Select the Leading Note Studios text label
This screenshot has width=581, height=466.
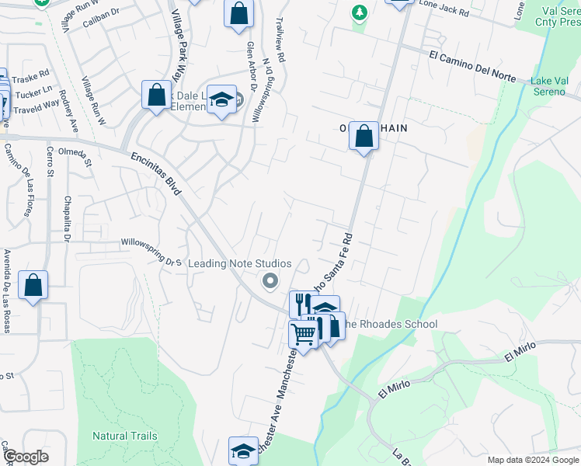[x=240, y=264]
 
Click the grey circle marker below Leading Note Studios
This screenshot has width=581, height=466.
[x=270, y=281]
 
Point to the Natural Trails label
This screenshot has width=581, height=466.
[x=125, y=436]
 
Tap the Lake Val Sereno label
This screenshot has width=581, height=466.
[x=555, y=88]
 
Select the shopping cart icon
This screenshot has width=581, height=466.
[x=303, y=334]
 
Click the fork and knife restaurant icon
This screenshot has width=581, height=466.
[x=300, y=303]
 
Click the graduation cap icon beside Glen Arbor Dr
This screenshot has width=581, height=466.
[x=222, y=100]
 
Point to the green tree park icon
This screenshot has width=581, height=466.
[x=358, y=12]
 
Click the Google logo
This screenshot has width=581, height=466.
[x=26, y=457]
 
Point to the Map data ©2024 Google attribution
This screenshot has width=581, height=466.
[x=532, y=459]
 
